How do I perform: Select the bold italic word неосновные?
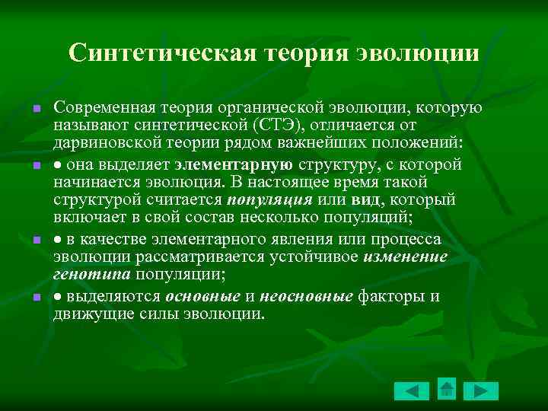(307, 296)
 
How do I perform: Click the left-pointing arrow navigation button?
(412, 391)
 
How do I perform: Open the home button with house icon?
(447, 389)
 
